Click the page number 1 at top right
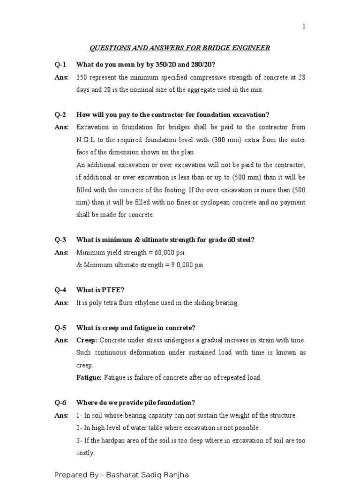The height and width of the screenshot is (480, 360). click(304, 27)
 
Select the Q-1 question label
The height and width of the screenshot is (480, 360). click(61, 65)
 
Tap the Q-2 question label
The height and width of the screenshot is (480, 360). click(61, 115)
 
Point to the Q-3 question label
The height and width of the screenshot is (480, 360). click(61, 240)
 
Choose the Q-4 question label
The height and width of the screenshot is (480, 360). click(61, 290)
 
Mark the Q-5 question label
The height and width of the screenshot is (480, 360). click(61, 327)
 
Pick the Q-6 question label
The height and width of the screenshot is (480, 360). click(61, 403)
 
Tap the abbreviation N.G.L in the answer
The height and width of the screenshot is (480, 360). click(86, 140)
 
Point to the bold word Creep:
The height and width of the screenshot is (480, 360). click(87, 340)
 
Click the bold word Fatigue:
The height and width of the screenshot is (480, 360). click(89, 377)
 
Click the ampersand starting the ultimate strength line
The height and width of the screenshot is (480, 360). click(79, 265)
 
